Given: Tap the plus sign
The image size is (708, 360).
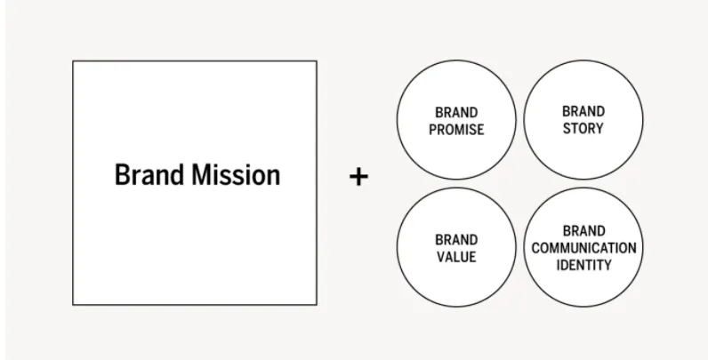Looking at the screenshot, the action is (358, 177).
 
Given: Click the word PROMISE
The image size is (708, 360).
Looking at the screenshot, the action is (455, 130).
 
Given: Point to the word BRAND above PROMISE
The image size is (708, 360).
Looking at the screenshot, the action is (455, 113).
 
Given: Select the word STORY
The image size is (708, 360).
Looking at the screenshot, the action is (583, 128).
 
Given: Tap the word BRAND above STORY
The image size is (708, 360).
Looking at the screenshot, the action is (583, 112).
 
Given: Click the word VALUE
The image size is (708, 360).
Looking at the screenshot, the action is (455, 257).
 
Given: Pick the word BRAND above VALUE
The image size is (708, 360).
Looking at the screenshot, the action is (455, 240).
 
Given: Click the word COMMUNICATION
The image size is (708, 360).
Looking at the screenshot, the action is (583, 248).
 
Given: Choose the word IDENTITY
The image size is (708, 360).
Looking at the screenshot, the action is (583, 265).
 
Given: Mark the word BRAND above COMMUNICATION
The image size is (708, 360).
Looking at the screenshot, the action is (583, 231).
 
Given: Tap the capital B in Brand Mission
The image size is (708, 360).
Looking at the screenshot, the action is (122, 175).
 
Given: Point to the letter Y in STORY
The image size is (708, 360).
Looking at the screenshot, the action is (599, 128).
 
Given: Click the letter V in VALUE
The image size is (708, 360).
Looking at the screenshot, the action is (439, 257).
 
